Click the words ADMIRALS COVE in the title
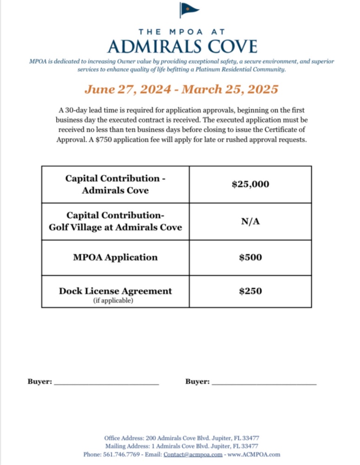[182, 46]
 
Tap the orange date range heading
[182, 89]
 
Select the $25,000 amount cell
[250, 185]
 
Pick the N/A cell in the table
[250, 222]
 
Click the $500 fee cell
[250, 257]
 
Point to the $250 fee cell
[250, 291]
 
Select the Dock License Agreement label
[115, 291]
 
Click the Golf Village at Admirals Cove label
[115, 227]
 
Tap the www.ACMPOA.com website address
[254, 454]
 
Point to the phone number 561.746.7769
[124, 454]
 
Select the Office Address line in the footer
[182, 438]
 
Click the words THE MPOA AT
[182, 32]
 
